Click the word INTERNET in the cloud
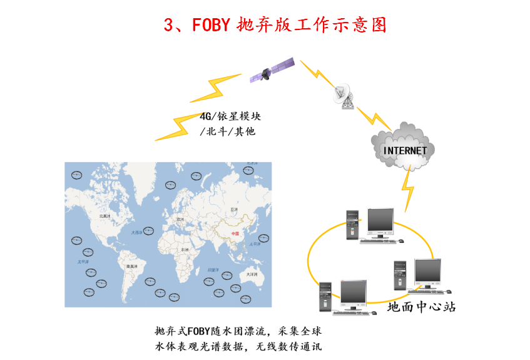coord(405,151)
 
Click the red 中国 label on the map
coord(235,234)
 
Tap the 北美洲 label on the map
coord(105,216)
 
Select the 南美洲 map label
coord(132,267)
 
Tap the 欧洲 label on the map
coord(181,220)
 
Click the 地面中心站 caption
coord(421,307)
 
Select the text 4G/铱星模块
coord(230,117)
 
